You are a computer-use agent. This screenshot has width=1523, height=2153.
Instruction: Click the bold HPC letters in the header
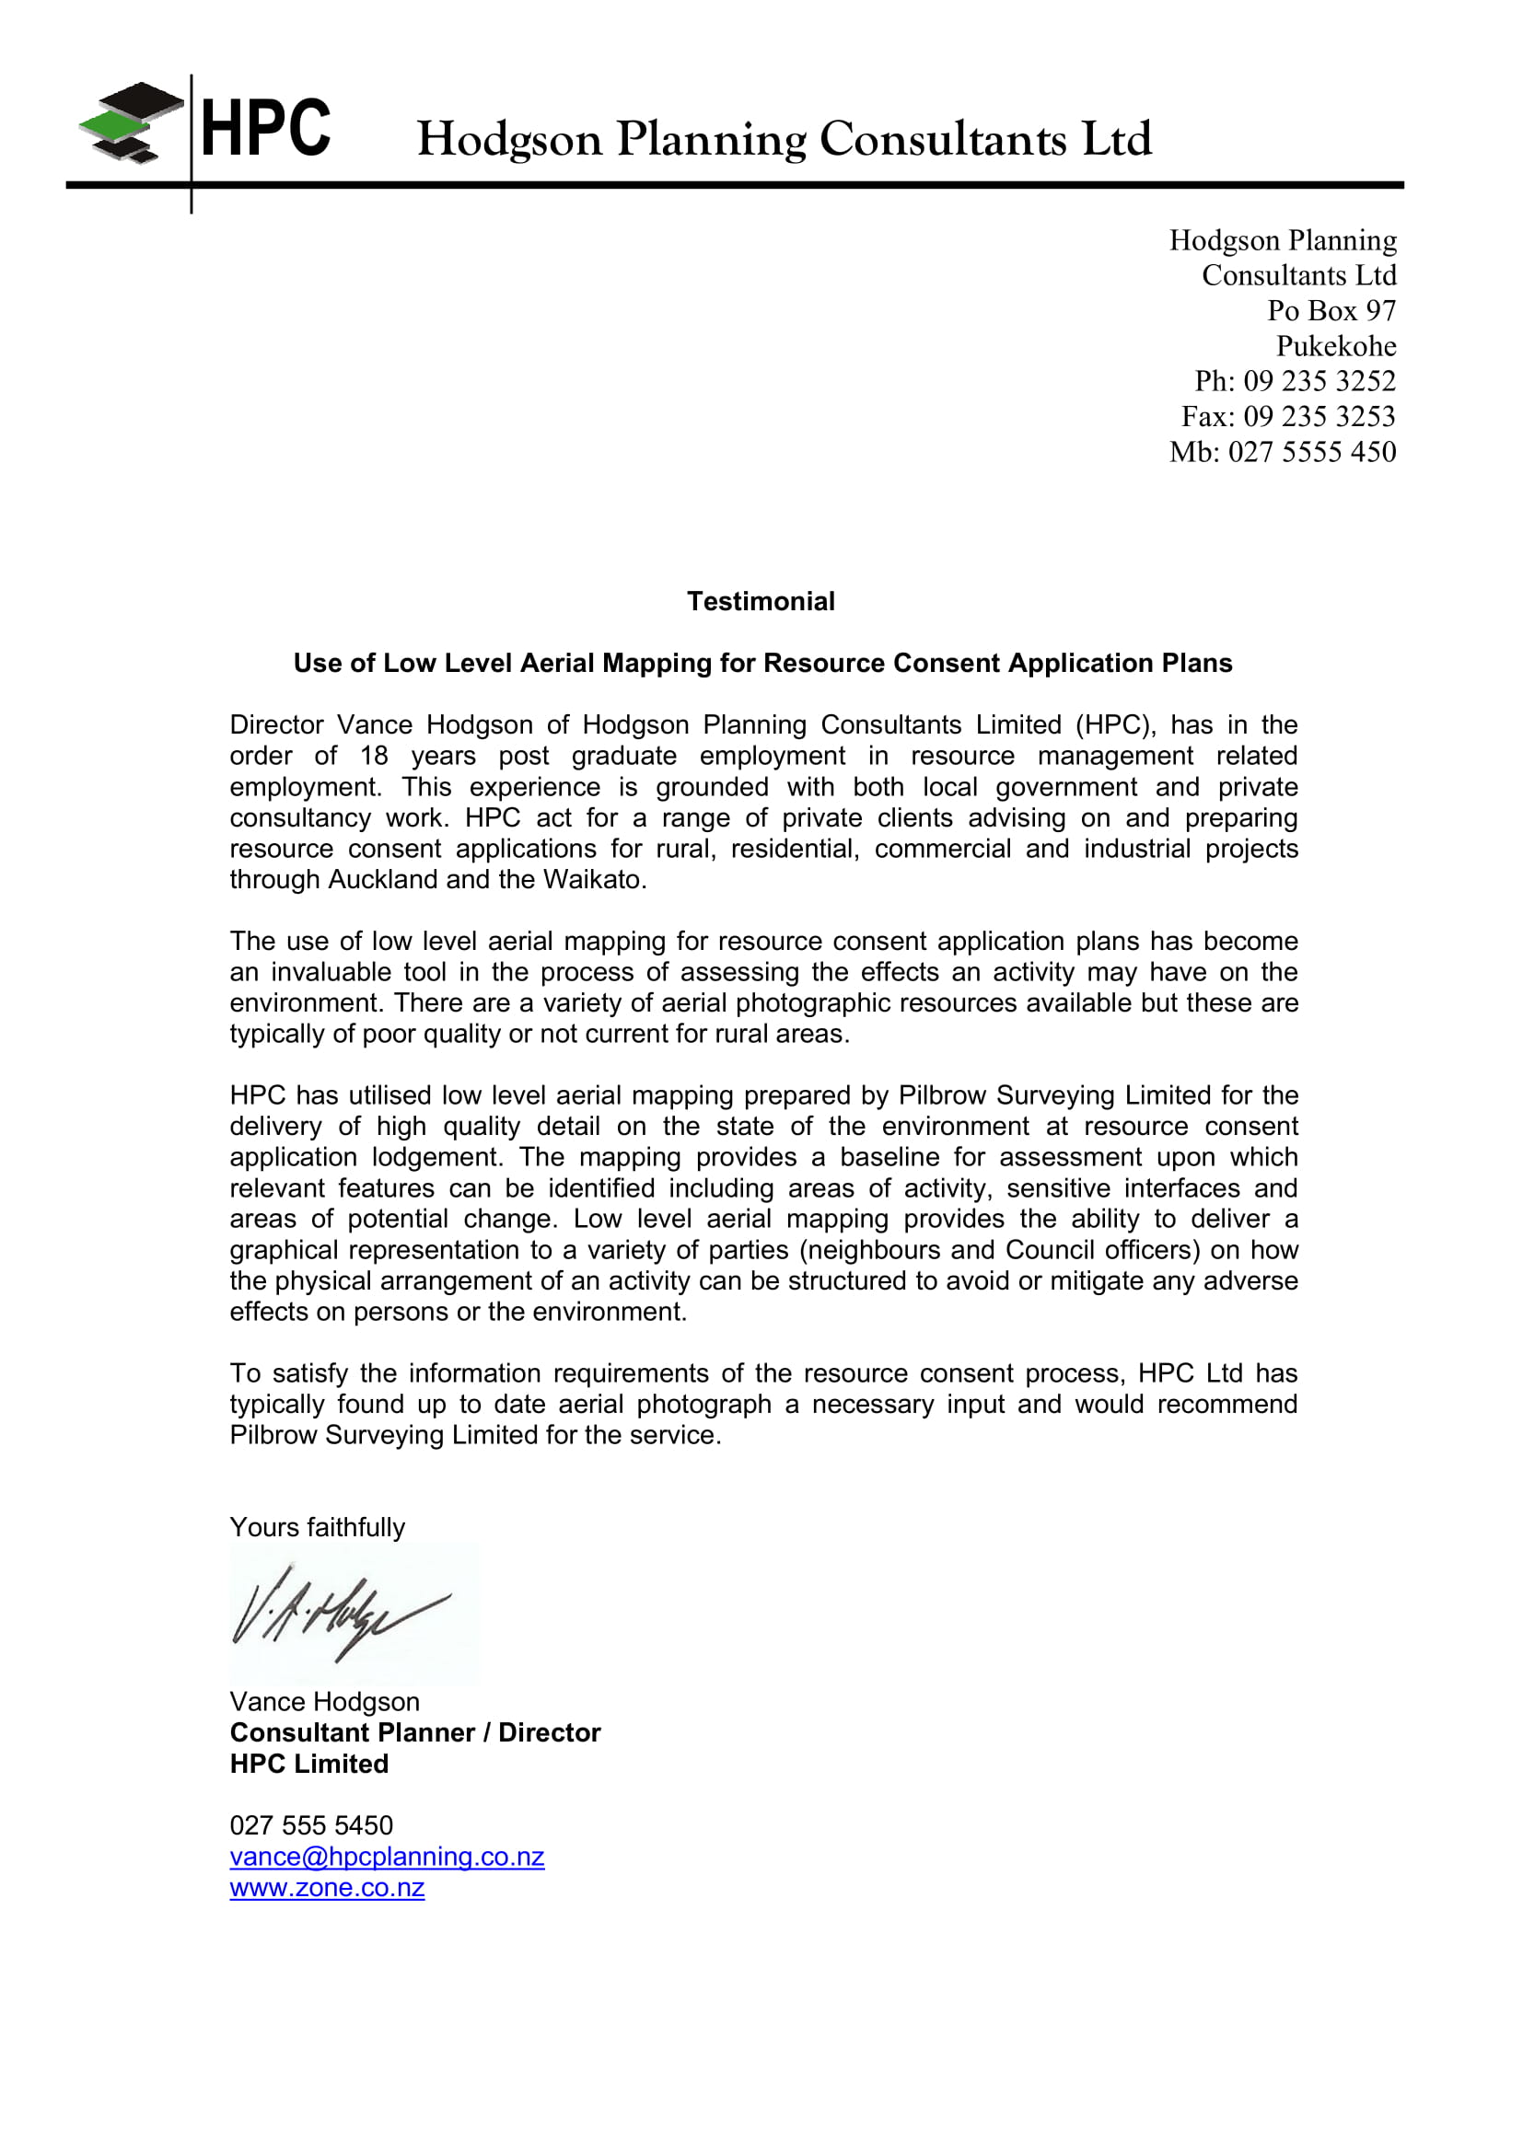tap(265, 129)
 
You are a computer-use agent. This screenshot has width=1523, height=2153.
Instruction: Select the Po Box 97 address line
tap(1331, 310)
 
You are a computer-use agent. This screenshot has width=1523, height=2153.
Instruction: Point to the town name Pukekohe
tap(1335, 346)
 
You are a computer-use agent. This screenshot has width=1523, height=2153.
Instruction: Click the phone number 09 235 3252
tap(1319, 381)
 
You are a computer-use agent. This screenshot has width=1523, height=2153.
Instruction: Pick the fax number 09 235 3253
tap(1319, 416)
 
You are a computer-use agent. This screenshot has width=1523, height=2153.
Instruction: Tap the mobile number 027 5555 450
tap(1311, 452)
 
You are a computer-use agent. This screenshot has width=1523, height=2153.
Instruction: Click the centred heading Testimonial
tap(761, 601)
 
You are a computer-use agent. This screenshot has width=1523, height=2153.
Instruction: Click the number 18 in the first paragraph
tap(373, 756)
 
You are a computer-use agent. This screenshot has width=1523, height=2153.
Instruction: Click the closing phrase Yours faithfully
tap(317, 1528)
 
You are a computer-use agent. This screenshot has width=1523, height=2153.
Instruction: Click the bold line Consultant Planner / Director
tap(414, 1733)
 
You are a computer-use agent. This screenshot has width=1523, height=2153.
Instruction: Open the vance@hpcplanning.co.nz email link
tap(387, 1857)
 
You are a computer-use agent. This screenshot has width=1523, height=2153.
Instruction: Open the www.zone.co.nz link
tap(326, 1888)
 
